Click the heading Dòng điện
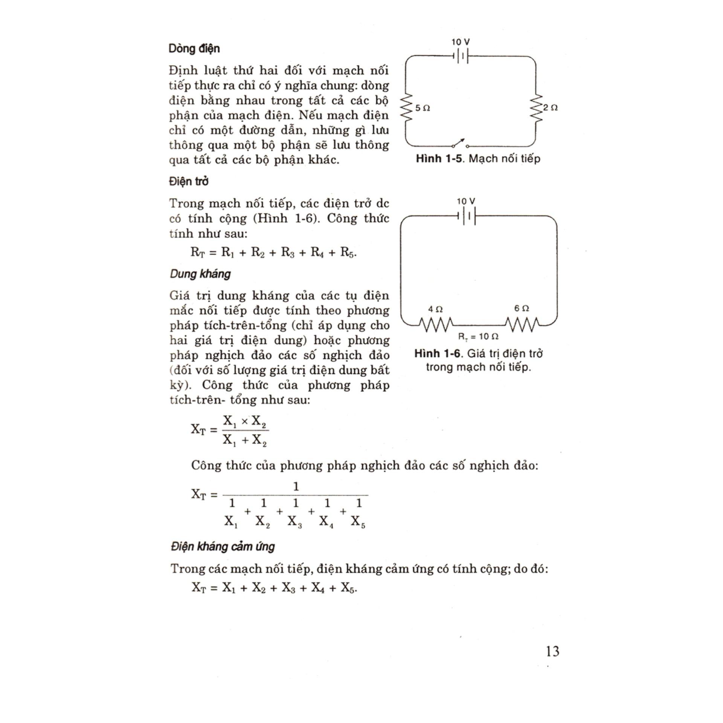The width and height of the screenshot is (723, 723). click(194, 49)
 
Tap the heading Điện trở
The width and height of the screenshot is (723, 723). click(189, 182)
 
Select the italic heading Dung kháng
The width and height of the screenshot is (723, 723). click(200, 274)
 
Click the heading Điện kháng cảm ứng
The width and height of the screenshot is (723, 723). click(223, 546)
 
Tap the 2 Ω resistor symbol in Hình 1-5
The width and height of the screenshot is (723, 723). click(536, 108)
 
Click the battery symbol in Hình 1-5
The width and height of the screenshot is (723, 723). click(462, 56)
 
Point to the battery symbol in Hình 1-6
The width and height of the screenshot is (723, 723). click(467, 217)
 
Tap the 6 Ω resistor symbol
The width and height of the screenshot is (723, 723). click(522, 324)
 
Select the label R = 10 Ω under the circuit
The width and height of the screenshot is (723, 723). click(478, 336)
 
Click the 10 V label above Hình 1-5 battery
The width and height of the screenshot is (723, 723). click(461, 42)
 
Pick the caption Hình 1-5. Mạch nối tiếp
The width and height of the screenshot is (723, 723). click(478, 159)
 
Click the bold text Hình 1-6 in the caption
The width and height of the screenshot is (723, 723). click(438, 353)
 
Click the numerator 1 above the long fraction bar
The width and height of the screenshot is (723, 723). click(296, 487)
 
